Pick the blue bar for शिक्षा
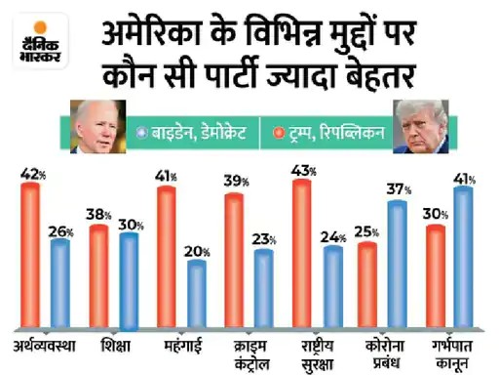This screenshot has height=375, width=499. coord(128,278)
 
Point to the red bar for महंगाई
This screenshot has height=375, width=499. coord(167,254)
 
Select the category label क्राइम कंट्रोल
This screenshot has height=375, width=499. coord(235,349)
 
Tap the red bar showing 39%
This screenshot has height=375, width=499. coord(236,259)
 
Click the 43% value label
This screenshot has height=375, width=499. coord(304,171)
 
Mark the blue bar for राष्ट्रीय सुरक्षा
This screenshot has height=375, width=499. coord(332,283)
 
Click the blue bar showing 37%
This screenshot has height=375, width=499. coord(398,262)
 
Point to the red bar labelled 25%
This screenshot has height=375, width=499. coord(367,283)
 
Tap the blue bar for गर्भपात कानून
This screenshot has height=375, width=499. coord(463,256)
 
